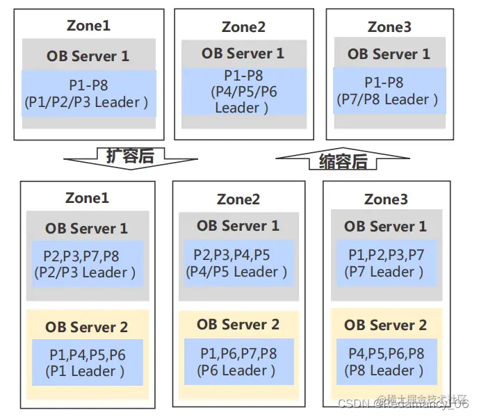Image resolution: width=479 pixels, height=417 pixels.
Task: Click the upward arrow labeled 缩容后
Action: [341, 161]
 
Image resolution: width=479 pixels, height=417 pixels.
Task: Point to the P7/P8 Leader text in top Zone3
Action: [388, 99]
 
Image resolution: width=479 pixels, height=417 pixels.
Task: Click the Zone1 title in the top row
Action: [88, 26]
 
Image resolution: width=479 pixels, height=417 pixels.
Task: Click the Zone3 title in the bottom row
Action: [386, 199]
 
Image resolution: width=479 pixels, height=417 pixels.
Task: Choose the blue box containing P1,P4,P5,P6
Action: [87, 362]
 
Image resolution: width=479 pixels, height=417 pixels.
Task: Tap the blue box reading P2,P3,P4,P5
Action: [238, 263]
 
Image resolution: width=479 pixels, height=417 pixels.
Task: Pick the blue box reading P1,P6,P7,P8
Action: [238, 361]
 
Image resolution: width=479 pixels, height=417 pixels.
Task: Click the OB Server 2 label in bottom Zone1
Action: [87, 327]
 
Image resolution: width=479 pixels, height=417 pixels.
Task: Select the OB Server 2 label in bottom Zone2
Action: [238, 324]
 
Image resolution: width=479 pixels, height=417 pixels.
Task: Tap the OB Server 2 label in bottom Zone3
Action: [386, 325]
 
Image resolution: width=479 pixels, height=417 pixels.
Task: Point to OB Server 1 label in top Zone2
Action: [243, 53]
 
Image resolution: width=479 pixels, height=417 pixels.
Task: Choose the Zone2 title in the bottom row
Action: [238, 199]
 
